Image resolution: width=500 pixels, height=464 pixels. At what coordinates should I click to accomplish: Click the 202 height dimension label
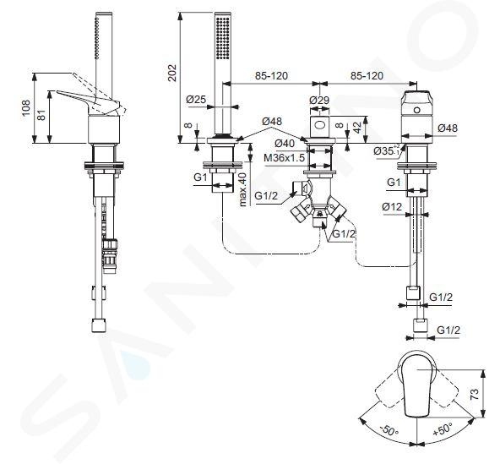coord(172,73)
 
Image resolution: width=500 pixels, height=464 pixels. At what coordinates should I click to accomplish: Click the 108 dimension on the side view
coord(26,108)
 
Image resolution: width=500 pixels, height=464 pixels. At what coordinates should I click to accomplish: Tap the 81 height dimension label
coord(41,114)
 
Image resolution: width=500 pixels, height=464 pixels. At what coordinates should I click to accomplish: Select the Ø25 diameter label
coord(195,100)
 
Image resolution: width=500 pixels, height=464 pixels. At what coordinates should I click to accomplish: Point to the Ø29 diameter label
coord(319,100)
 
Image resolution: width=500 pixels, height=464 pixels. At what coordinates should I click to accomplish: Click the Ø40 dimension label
coord(285,144)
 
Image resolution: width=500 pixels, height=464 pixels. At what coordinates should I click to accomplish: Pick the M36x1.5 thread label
coord(285,158)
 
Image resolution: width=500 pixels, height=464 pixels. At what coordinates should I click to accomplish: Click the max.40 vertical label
coord(243,189)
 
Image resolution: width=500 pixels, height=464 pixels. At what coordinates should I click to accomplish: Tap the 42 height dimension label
coord(358,128)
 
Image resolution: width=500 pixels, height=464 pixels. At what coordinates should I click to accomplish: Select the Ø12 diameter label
coord(392,207)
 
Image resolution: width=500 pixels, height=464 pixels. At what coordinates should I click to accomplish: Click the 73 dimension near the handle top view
coord(475,395)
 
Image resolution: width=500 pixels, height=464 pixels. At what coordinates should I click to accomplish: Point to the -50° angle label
coord(389,430)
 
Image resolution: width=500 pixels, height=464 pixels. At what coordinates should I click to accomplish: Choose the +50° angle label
coord(443,429)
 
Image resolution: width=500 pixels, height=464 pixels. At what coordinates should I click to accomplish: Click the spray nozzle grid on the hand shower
coord(223,38)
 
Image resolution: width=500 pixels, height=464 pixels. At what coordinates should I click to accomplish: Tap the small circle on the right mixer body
coord(416,110)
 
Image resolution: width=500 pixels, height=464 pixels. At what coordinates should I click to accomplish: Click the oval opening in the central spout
coord(319,125)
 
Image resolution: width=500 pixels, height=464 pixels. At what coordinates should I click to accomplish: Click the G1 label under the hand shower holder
coord(201,177)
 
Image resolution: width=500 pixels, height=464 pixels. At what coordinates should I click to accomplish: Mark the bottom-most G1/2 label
coord(448,330)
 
